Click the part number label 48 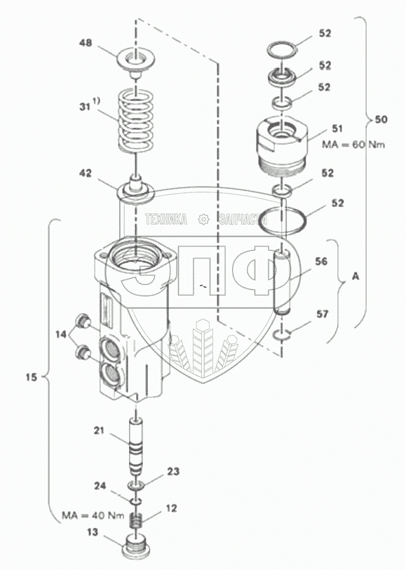coord(86,43)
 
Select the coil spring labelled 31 coord(135,120)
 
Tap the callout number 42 coord(86,173)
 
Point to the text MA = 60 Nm coord(353,145)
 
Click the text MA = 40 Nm coord(93,515)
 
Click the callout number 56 coord(321,261)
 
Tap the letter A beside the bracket coord(356,277)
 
